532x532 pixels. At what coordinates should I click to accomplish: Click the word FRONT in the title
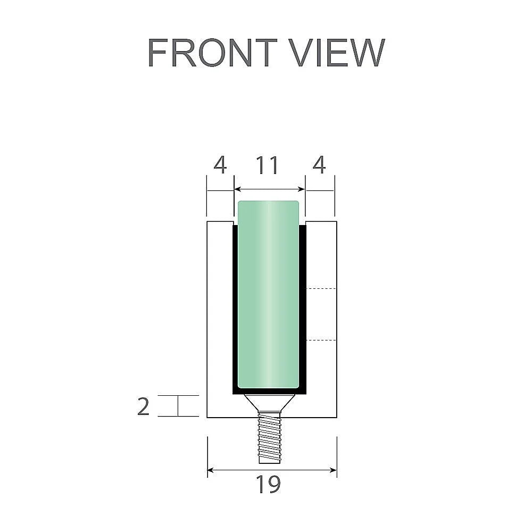click(x=212, y=53)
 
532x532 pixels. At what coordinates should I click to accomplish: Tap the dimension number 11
click(x=268, y=166)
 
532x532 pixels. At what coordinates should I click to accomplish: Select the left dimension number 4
click(x=220, y=166)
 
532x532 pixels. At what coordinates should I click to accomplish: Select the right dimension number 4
click(x=319, y=166)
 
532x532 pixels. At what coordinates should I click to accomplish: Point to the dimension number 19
click(x=268, y=485)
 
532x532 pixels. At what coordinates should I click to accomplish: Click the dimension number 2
click(x=143, y=407)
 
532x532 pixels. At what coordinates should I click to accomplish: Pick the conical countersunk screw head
click(x=269, y=402)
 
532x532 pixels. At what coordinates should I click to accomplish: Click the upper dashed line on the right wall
click(x=322, y=288)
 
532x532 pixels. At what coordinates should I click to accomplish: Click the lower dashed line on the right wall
click(x=322, y=339)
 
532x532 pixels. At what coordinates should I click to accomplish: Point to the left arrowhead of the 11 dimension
click(x=238, y=189)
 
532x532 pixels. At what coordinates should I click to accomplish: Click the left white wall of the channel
click(x=220, y=319)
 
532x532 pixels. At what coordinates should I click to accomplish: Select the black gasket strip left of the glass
click(x=235, y=309)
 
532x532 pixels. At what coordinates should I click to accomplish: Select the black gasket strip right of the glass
click(x=303, y=309)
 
